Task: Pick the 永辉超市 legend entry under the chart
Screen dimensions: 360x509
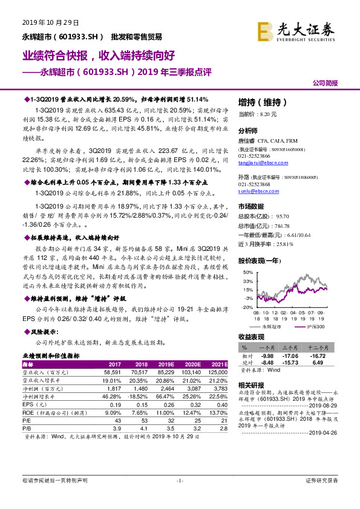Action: coord(270,326)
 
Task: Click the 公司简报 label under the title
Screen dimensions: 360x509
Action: coord(325,82)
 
